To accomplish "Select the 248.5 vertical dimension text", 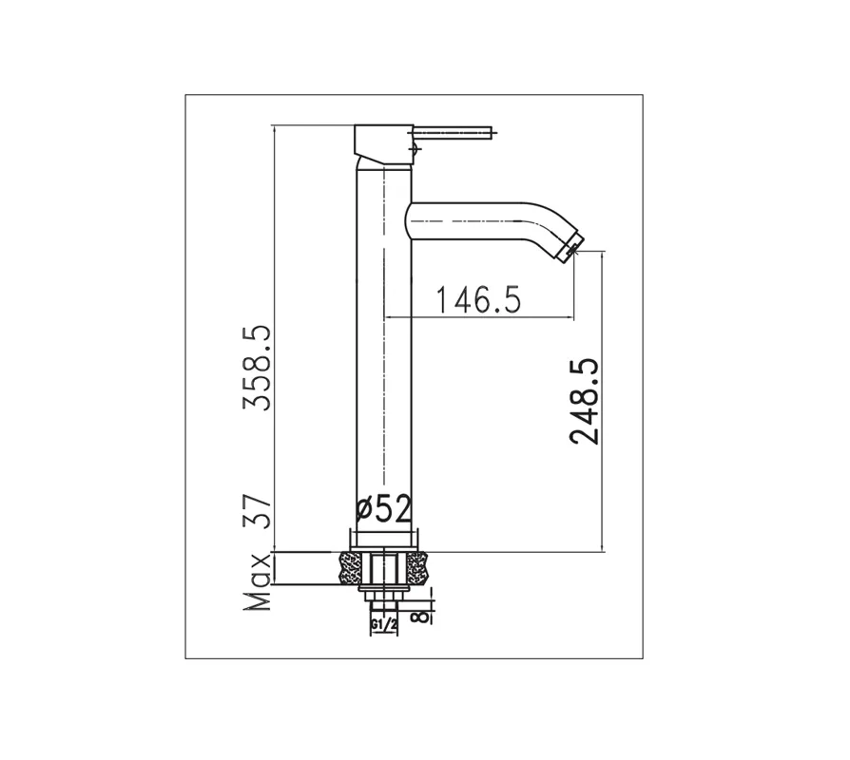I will (582, 401).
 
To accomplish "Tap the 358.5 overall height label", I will (258, 367).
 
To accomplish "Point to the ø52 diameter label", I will (383, 510).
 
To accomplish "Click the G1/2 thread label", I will (383, 624).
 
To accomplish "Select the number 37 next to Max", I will (258, 513).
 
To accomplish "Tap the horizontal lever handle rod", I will (454, 130).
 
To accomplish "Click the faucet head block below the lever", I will (382, 144).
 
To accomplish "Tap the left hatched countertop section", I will (350, 568).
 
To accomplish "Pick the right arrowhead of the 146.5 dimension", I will (571, 315).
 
